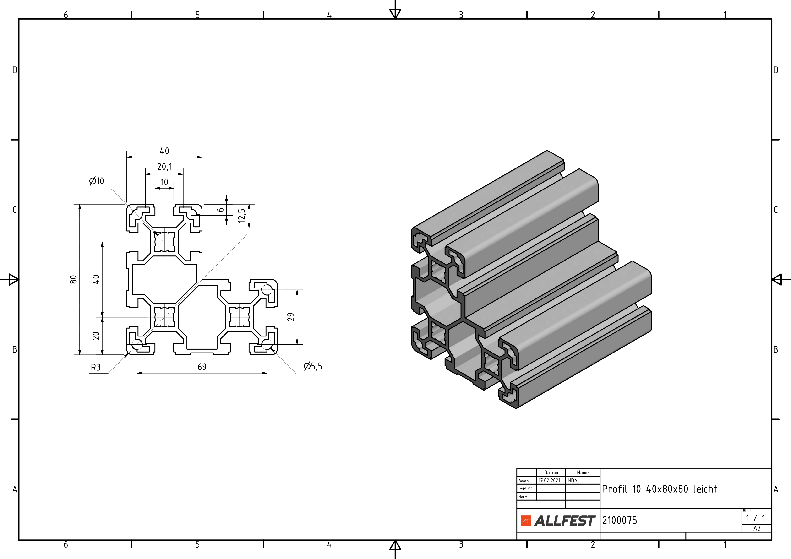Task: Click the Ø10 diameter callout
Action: click(97, 181)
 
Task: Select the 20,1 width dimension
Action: click(164, 167)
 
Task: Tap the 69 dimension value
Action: click(202, 367)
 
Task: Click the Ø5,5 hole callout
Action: click(313, 366)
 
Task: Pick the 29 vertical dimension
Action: click(291, 317)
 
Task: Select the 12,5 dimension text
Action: click(242, 216)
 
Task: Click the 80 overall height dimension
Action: click(73, 279)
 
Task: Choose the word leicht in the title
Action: click(705, 489)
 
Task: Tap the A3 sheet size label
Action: click(757, 529)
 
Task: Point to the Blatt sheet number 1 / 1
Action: click(755, 518)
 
